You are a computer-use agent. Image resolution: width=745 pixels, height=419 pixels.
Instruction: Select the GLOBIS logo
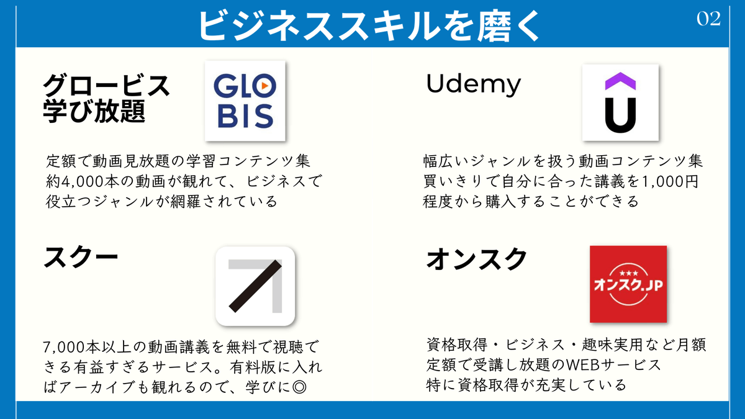245,100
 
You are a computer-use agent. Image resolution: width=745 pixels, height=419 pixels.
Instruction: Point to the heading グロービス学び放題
106,98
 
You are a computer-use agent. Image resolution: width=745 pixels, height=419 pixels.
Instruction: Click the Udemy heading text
473,84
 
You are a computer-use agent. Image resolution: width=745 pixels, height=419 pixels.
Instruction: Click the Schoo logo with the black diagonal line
255,286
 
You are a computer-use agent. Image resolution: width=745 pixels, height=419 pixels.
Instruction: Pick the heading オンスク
477,259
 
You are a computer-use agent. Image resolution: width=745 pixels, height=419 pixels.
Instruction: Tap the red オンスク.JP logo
628,284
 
